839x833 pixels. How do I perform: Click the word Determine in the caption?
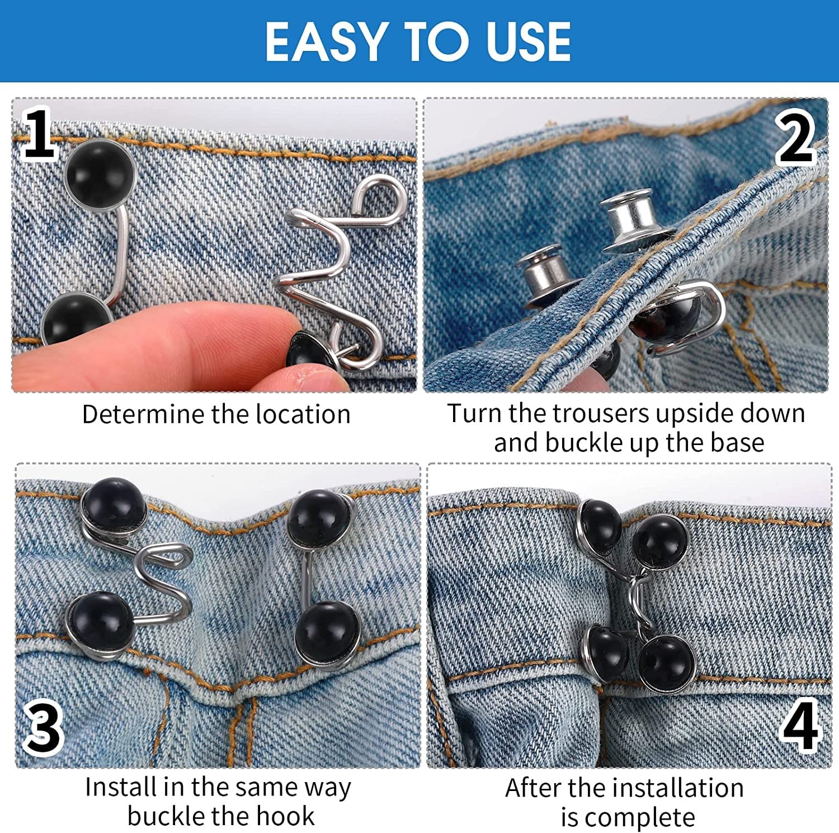(x=144, y=415)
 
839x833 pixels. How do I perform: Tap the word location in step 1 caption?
(x=303, y=415)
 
